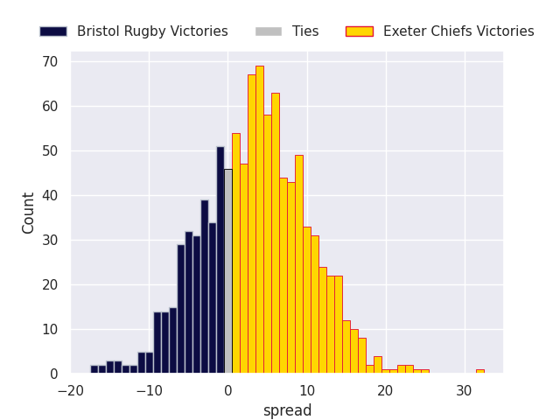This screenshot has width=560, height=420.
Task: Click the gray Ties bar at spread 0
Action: tap(228, 271)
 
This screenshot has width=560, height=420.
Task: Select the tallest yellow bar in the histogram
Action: tap(260, 220)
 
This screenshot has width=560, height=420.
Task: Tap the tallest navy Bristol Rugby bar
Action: tap(220, 260)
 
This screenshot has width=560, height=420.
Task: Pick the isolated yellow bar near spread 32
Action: tap(480, 371)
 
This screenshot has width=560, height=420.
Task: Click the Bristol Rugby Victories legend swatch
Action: tap(53, 31)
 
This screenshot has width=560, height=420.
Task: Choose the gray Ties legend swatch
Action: tap(269, 31)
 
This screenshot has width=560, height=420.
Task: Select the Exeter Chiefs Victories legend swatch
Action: tap(360, 31)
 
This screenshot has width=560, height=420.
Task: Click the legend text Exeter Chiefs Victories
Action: tap(458, 31)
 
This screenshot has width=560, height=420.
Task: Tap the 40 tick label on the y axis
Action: tap(50, 196)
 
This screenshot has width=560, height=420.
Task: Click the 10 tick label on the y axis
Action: tap(50, 329)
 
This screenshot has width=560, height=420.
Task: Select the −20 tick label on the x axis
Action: tap(71, 391)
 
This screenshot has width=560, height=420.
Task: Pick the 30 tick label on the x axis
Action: tap(465, 391)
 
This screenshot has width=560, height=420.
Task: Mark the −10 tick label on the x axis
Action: tap(150, 391)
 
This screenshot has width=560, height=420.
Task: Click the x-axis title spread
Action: tap(288, 410)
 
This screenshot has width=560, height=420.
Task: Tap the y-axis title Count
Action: tap(28, 213)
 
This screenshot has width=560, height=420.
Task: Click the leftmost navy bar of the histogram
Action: tap(94, 369)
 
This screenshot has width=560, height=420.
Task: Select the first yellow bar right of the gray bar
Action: tap(236, 253)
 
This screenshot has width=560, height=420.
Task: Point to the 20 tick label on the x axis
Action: tap(386, 391)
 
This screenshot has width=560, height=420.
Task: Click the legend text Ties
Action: tap(305, 31)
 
